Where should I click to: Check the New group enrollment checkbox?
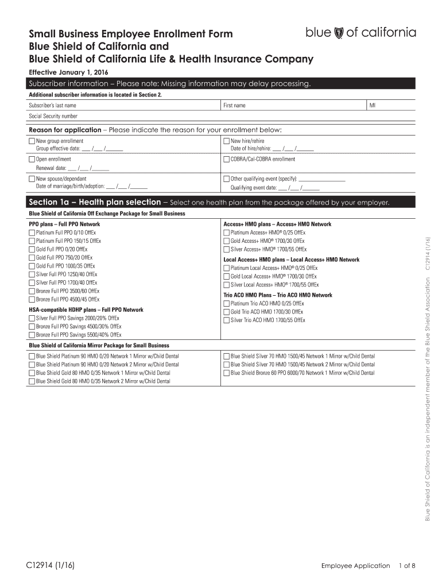[x=32, y=141]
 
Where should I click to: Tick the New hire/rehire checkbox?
[x=226, y=141]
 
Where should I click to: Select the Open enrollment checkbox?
[x=32, y=159]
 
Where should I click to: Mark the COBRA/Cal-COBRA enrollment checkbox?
[x=226, y=159]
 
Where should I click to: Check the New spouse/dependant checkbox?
[x=32, y=179]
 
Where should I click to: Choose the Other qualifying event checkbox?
[x=226, y=179]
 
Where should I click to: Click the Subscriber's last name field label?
[x=52, y=106]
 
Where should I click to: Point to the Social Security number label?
[x=53, y=116]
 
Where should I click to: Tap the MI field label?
[x=373, y=106]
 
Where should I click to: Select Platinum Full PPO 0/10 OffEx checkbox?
[x=32, y=233]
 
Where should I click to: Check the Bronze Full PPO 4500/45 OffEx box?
[x=32, y=299]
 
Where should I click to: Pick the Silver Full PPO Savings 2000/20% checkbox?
[x=32, y=318]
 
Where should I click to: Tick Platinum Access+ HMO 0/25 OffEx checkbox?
[x=226, y=233]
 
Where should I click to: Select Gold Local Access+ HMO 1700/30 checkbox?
[x=226, y=276]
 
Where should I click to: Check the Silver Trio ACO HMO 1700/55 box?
[x=226, y=320]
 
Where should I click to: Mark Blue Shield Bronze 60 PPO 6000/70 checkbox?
[x=226, y=373]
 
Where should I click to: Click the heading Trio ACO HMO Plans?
[x=278, y=295]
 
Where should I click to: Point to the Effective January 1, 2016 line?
[x=64, y=73]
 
